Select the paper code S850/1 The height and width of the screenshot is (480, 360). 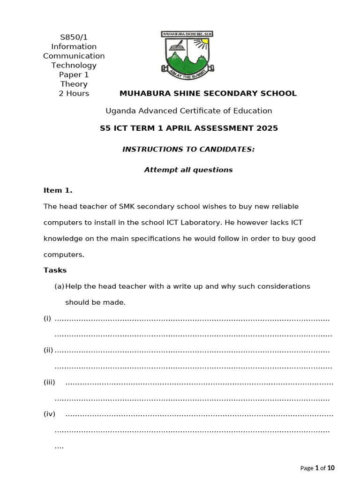74,37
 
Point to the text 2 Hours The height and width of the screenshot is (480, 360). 74,93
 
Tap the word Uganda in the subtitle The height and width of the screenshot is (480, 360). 120,111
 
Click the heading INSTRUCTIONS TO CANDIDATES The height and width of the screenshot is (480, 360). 188,149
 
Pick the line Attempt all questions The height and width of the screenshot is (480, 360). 188,170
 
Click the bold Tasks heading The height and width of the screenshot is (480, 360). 55,270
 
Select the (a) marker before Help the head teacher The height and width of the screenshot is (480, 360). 59,286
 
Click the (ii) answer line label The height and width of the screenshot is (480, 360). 48,351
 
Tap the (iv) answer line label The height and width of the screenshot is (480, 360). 50,414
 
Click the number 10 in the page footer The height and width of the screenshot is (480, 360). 331,468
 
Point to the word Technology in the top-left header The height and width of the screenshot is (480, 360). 74,65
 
